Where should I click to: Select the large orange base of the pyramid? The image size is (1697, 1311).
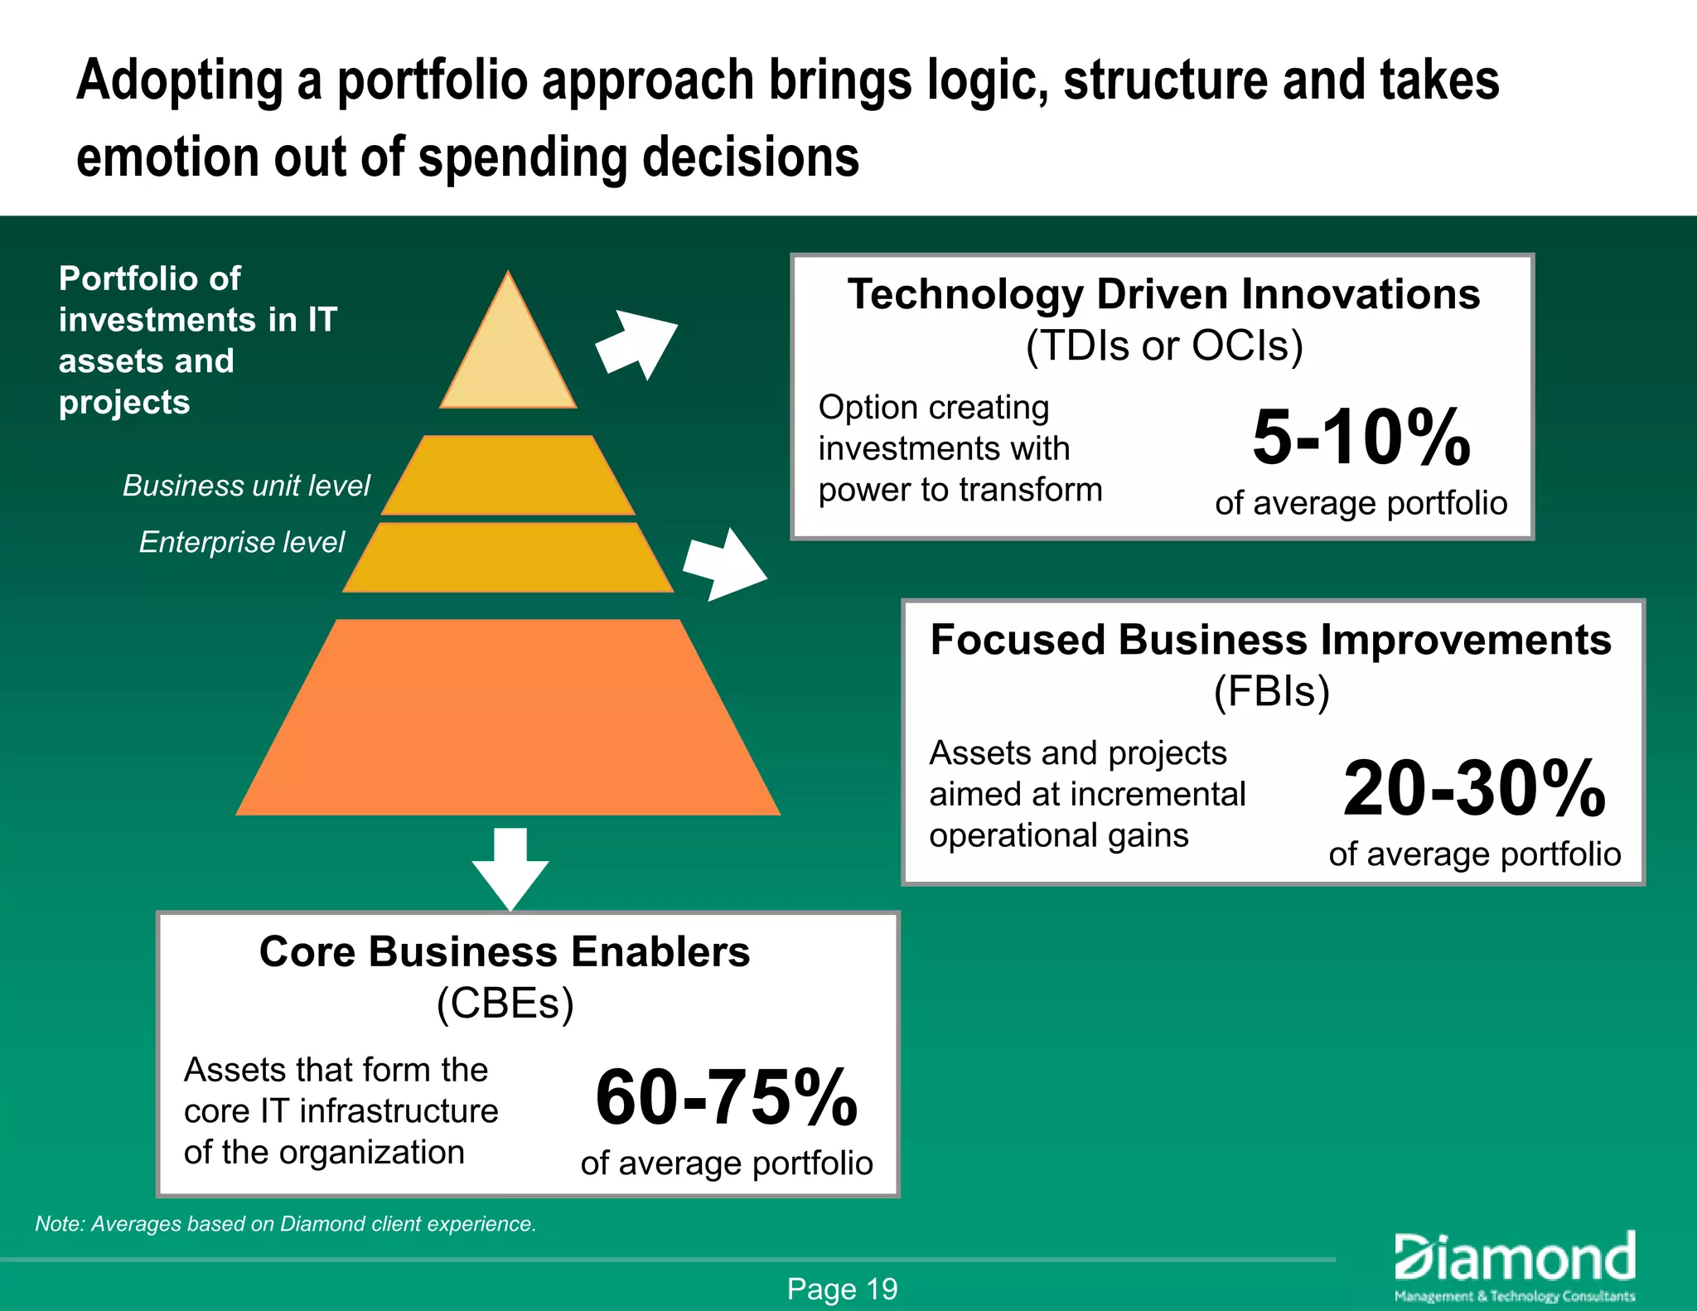click(x=508, y=721)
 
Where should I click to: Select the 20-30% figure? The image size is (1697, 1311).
click(x=1473, y=788)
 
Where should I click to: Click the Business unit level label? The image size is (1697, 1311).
click(x=246, y=486)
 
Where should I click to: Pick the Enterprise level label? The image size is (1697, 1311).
click(x=241, y=542)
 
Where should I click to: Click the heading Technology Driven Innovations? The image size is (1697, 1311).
click(x=1163, y=295)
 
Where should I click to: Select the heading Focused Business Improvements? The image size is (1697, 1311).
click(x=1270, y=641)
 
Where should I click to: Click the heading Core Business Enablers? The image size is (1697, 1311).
click(x=504, y=952)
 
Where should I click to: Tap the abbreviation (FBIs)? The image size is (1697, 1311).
click(x=1271, y=691)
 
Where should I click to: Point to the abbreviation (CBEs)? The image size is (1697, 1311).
click(x=505, y=1004)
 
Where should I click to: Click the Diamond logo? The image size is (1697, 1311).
click(x=1515, y=1265)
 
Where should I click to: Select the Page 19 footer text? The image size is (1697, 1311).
click(x=842, y=1289)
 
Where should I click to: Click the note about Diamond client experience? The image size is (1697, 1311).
click(x=285, y=1224)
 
